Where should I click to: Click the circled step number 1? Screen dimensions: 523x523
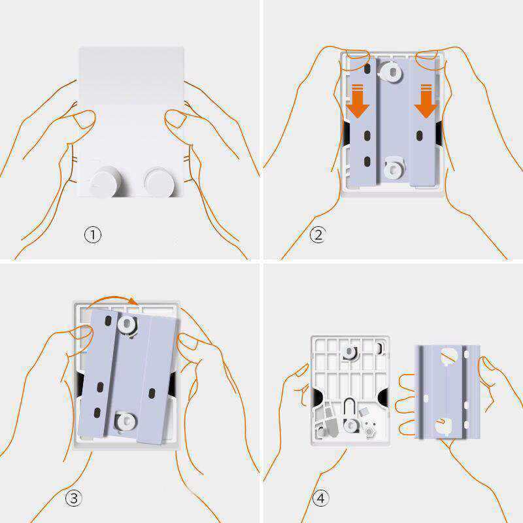[92, 235]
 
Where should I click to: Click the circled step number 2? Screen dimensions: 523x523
[318, 235]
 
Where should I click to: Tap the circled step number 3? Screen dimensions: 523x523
[74, 498]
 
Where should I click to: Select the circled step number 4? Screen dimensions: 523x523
[320, 498]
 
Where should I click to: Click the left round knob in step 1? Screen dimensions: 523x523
[105, 182]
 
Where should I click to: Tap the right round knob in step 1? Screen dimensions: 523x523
[160, 182]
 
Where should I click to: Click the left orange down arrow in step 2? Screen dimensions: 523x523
[358, 101]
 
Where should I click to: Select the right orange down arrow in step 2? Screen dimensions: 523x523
[426, 101]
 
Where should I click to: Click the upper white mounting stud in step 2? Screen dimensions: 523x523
[391, 72]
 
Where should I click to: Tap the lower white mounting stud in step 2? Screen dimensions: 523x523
[394, 169]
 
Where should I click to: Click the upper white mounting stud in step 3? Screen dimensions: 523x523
[127, 323]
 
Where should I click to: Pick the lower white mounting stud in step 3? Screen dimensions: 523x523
[126, 421]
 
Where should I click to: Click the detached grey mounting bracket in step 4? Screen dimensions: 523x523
[447, 391]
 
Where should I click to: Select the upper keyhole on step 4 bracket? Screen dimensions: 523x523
[448, 357]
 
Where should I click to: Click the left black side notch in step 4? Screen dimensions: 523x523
[316, 397]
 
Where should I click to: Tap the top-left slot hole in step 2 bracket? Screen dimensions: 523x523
[367, 69]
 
